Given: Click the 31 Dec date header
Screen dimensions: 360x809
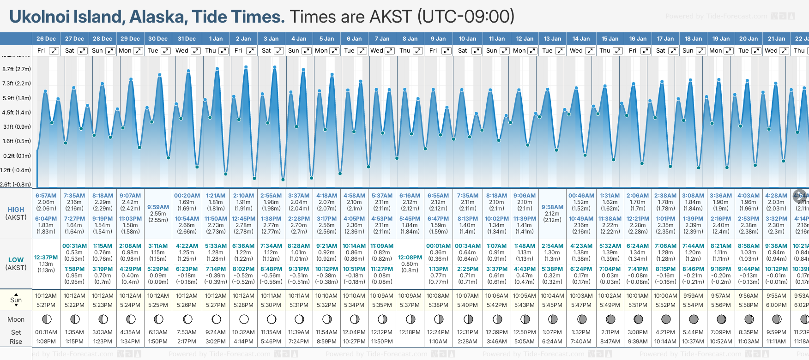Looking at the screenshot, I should coord(187,39).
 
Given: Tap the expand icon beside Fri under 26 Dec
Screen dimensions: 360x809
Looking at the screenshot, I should coord(54,51).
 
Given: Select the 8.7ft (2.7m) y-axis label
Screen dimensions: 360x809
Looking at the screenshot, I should coord(17,69).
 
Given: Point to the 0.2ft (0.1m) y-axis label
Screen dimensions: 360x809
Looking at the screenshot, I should coord(17,156).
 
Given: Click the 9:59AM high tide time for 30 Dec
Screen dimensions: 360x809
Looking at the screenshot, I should coord(158,207).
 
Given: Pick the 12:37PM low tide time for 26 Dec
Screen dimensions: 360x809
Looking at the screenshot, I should coord(46,258).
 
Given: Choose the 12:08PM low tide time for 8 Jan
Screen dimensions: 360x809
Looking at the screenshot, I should coord(410,258).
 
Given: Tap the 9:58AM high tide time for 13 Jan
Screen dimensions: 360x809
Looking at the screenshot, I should coord(552,207).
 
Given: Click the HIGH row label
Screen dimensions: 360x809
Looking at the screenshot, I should coord(16,210).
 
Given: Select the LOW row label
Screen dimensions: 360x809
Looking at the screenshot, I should coord(16,260).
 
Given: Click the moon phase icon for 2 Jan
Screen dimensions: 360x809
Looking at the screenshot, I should coord(244,319).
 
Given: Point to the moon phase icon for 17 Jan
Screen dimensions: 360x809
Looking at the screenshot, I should coord(666,319).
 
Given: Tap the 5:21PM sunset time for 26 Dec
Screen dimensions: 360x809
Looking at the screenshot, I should coord(46,305).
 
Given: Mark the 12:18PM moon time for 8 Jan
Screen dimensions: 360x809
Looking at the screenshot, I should coord(410,332).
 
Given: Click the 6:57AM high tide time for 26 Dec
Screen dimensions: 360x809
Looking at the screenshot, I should coord(46,196).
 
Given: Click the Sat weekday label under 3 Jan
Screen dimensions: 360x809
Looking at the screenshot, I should coord(266,51).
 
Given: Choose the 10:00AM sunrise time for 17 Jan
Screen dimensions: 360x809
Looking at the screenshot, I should coord(665,296).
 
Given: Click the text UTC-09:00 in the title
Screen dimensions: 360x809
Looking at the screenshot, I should coord(466,17).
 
